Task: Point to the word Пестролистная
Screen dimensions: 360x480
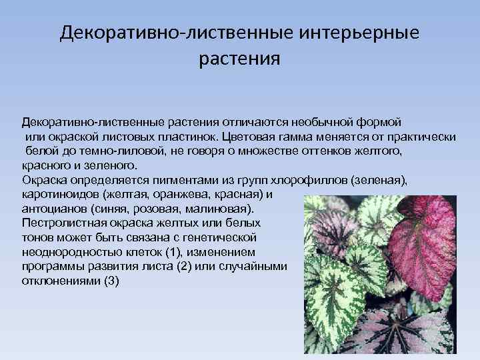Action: pos(59,223)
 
